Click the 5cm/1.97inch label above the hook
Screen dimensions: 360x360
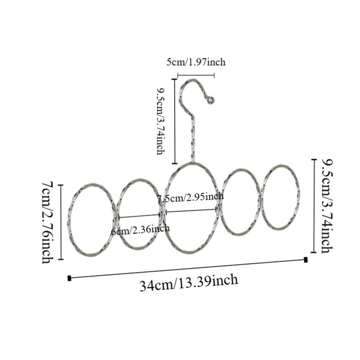[x=196, y=62]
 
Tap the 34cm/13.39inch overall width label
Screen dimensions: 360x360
[x=189, y=283]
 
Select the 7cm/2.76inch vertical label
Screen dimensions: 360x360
[x=48, y=222]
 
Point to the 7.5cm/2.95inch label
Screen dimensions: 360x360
[x=190, y=197]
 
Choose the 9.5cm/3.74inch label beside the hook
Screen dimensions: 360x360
[x=161, y=121]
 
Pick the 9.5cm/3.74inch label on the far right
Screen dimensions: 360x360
[x=327, y=206]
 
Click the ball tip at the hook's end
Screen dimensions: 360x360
[x=211, y=100]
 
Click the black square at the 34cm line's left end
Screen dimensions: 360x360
[x=69, y=278]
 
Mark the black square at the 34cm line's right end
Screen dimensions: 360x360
[x=306, y=260]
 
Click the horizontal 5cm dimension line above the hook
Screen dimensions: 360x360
[x=196, y=75]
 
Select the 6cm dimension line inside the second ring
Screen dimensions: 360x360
[x=140, y=216]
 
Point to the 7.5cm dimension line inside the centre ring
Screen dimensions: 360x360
[x=191, y=211]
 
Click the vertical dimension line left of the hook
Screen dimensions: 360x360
[x=175, y=121]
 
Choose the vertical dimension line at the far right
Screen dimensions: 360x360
[x=314, y=206]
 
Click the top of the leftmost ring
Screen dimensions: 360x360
[x=93, y=184]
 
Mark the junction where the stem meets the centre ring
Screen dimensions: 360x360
[x=192, y=163]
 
